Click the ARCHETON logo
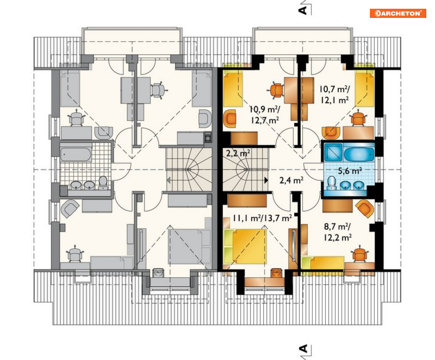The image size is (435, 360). (398, 13)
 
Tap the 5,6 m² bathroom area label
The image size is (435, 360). (350, 171)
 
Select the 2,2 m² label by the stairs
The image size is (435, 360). (238, 153)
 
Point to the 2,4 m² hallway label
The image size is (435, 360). (291, 180)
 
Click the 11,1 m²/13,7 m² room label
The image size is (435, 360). (262, 218)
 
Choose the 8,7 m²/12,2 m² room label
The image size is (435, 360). (338, 232)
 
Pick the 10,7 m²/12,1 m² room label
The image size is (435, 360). (334, 94)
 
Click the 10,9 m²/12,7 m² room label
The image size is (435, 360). (264, 115)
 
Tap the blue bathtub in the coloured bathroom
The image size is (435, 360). (359, 153)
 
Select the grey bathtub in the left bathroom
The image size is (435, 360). (76, 154)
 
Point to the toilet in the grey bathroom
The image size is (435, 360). (103, 183)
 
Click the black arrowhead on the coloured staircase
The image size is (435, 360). (266, 180)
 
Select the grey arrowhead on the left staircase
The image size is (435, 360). (168, 180)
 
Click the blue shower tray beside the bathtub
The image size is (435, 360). (333, 152)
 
